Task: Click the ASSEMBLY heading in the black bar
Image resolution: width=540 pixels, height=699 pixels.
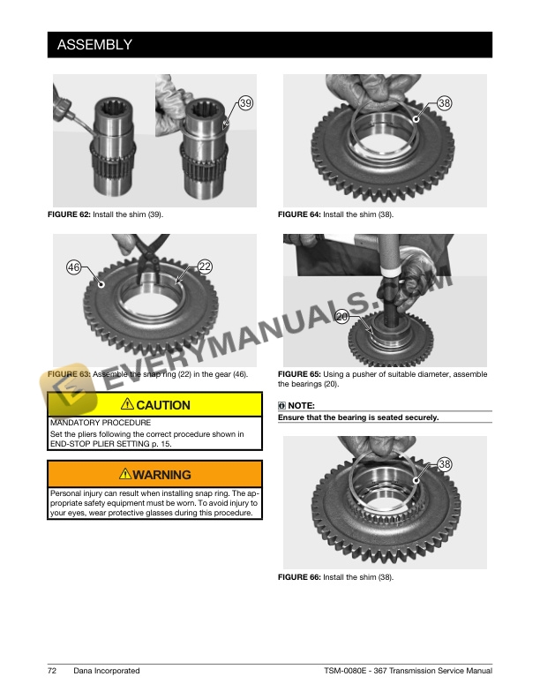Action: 94,44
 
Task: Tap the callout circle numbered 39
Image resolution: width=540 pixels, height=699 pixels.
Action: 245,103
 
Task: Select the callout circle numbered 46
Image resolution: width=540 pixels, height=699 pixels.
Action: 75,266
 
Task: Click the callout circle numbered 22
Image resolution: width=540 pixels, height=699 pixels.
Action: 205,266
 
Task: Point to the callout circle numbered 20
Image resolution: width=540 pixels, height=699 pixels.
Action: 343,316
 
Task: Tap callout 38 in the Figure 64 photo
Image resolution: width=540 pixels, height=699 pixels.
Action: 445,103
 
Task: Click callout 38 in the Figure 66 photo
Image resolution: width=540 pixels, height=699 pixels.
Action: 445,464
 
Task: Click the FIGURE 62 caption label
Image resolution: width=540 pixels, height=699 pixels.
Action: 69,214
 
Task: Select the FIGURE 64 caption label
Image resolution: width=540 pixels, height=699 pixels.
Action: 299,214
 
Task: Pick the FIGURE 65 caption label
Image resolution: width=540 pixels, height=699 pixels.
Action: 299,374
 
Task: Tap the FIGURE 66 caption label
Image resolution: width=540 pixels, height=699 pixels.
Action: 299,577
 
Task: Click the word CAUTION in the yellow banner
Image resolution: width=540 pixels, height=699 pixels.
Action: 163,405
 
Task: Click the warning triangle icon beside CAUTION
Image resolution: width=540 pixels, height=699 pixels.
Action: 128,405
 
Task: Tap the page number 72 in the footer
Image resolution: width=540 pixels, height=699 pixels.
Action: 52,671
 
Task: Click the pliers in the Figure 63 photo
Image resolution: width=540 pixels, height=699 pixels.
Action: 141,252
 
